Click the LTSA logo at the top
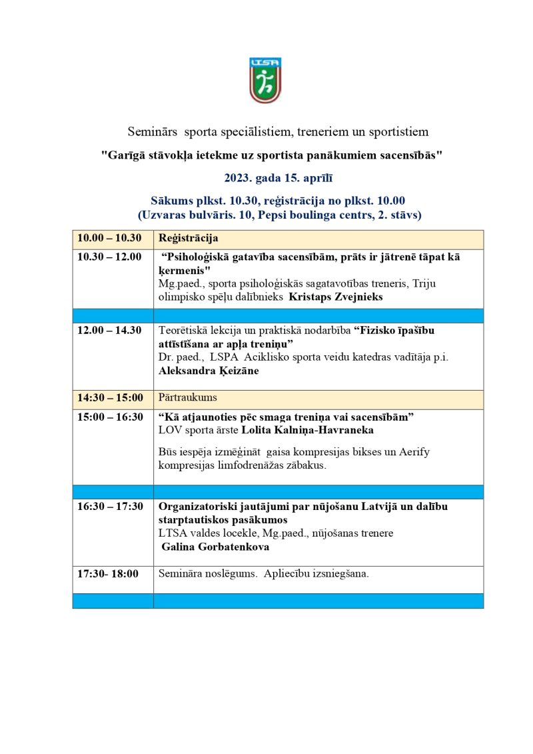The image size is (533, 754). point(266,80)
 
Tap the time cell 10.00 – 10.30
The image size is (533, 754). point(109,239)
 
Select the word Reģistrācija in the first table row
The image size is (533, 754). point(189,239)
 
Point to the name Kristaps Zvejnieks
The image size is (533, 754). point(336,297)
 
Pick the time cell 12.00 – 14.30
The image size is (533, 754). point(109,331)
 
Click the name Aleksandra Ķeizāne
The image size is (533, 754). point(209,371)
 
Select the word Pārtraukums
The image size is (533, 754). point(188,398)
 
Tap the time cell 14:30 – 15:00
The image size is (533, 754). point(110,398)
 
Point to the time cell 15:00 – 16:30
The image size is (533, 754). point(110,417)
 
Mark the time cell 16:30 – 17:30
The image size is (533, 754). point(110,507)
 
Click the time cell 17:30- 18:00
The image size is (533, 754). point(108,574)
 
